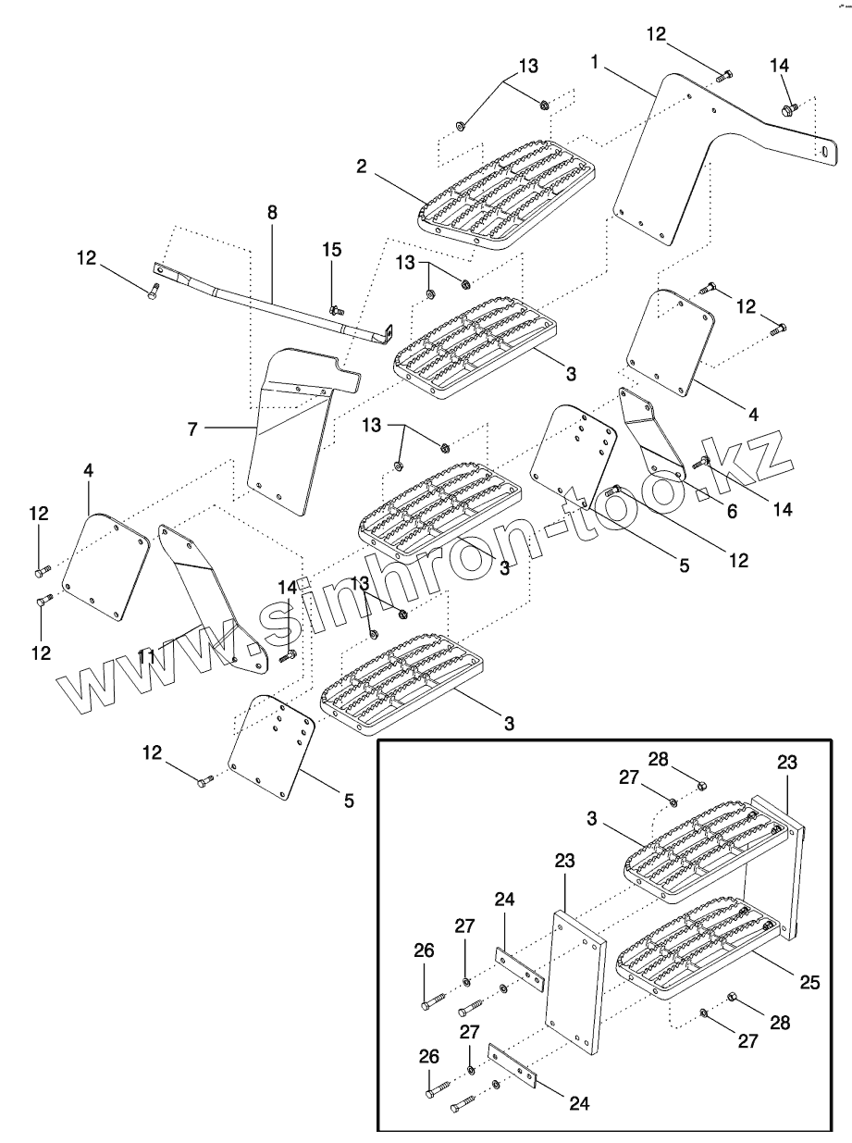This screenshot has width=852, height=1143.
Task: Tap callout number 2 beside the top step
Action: pos(362,167)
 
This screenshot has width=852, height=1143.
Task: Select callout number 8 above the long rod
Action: pos(272,212)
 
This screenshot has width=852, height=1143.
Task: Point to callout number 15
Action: pos(331,249)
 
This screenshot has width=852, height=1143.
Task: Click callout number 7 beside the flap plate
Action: pos(191,428)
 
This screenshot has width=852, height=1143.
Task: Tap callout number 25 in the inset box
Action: pos(809,982)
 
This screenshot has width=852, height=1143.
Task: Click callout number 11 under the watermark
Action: pos(145,656)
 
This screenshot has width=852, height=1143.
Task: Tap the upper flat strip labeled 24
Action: pos(519,968)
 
